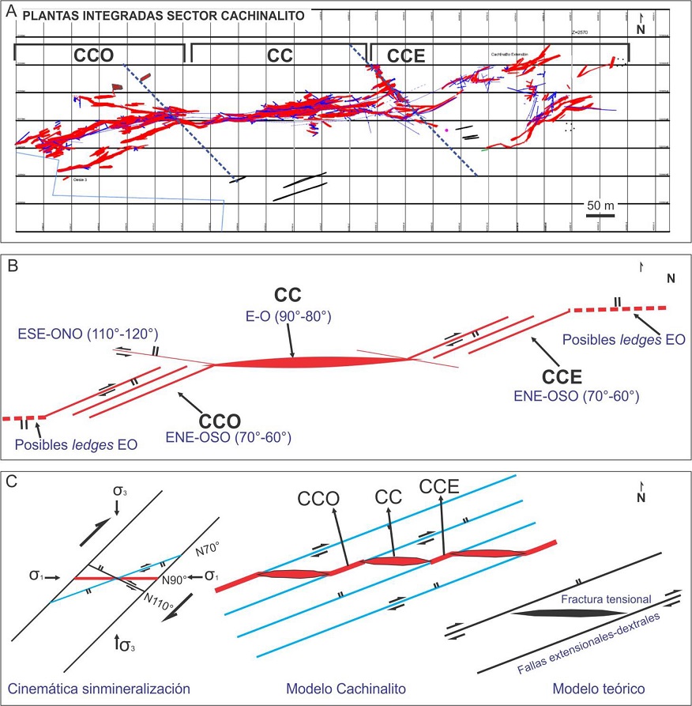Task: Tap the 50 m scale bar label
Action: (600, 206)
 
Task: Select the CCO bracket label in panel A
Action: (94, 56)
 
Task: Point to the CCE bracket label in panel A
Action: (405, 56)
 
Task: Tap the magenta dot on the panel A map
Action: (447, 129)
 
